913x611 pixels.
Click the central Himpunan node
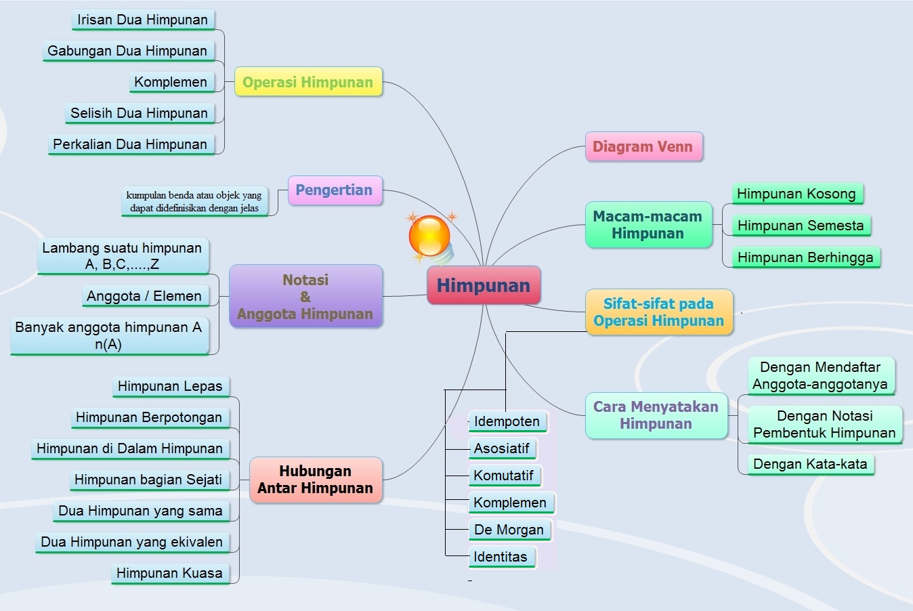[x=484, y=285]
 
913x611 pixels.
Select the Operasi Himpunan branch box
[x=308, y=82]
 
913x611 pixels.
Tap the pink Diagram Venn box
[x=643, y=146]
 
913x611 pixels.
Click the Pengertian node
[x=335, y=190]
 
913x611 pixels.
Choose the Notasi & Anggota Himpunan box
[x=305, y=297]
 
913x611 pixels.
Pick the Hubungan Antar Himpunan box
[x=316, y=480]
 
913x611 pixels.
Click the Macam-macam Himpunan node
[x=648, y=225]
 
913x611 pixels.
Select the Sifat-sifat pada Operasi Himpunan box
[x=659, y=312]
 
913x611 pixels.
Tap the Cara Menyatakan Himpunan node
[x=656, y=415]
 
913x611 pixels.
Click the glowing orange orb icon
[x=429, y=236]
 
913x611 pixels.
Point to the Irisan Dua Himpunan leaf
[x=143, y=20]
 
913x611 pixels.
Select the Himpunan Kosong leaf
[x=797, y=194]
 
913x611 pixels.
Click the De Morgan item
[x=509, y=530]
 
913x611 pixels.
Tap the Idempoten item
[x=507, y=421]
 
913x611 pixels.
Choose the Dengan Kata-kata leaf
[x=811, y=464]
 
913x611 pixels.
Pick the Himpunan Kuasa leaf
[x=169, y=573]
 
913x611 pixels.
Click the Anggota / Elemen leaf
[x=144, y=296]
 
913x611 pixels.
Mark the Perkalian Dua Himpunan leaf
[x=131, y=144]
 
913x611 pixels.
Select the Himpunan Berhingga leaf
[x=805, y=257]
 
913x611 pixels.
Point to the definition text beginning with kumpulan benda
[x=194, y=201]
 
